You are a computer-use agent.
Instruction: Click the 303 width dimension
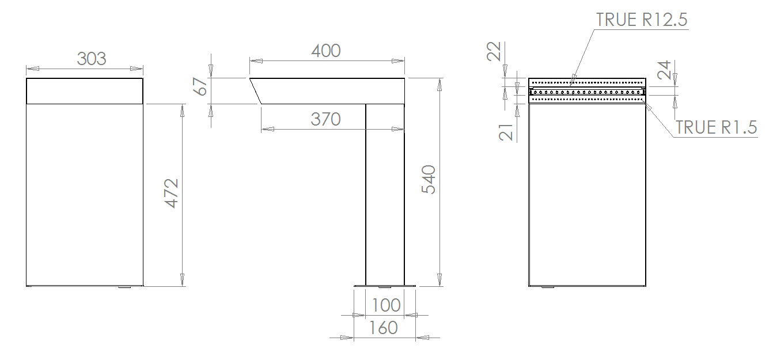(92, 59)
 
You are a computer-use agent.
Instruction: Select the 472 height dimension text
(172, 193)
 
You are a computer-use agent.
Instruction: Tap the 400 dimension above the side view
(326, 51)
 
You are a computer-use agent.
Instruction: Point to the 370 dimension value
(326, 119)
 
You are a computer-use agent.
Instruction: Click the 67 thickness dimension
(200, 86)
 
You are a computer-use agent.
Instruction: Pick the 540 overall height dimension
(429, 180)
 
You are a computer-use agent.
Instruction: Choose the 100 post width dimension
(386, 305)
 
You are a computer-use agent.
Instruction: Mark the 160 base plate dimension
(384, 328)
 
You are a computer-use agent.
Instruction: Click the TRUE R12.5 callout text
(642, 20)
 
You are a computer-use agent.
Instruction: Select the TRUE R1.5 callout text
(716, 127)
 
